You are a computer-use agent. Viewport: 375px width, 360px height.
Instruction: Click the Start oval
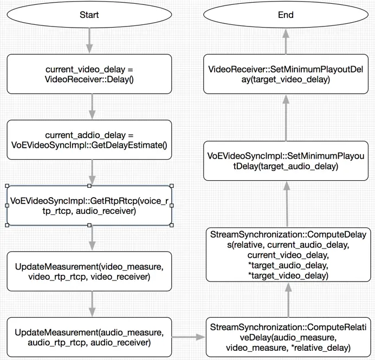coord(89,15)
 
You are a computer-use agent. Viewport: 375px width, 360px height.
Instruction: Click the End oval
coord(286,15)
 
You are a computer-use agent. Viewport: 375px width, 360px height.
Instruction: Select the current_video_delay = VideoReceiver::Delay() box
coord(89,74)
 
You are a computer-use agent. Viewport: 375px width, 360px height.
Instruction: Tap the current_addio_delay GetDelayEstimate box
coord(89,140)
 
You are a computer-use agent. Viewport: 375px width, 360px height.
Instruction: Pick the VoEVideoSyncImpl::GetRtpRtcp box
coord(89,205)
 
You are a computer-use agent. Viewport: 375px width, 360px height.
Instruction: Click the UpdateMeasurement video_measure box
coord(89,271)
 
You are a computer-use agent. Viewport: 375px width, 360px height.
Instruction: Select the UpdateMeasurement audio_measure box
coord(89,337)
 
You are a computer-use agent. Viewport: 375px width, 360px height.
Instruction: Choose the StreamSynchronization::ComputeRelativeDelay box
coord(288,337)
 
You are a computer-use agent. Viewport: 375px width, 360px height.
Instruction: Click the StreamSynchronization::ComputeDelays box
coord(288,254)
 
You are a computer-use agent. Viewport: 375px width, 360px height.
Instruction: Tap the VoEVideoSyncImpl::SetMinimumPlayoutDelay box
coord(286,161)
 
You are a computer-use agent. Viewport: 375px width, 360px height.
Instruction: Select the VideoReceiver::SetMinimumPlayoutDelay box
coord(286,74)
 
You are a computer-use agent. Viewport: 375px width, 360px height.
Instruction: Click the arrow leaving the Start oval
coord(89,41)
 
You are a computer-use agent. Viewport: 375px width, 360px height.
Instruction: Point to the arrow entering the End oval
coord(286,42)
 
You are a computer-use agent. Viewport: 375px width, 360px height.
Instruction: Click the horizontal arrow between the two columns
coord(189,337)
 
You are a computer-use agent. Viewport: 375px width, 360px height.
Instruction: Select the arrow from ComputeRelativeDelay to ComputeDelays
coord(288,300)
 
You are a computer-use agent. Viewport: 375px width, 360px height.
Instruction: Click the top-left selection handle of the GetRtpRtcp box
coord(7,186)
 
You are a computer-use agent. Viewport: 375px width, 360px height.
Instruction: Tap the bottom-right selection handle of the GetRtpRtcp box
coord(171,225)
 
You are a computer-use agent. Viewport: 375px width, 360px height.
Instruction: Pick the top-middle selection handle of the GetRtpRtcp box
coord(89,186)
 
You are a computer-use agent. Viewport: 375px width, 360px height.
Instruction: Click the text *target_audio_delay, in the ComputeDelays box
coord(288,265)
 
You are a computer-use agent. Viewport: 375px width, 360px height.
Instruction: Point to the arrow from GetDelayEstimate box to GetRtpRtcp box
coord(92,172)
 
